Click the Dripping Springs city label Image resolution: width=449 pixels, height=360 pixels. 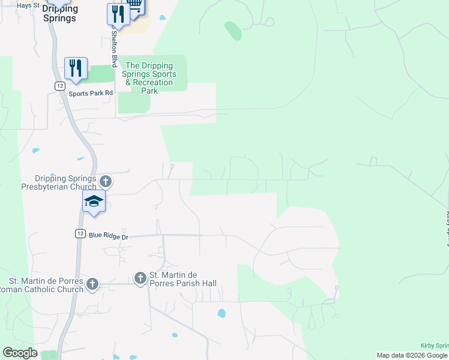60,13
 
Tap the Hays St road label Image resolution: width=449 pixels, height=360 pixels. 28,5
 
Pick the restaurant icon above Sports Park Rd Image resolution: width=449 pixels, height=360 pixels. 76,69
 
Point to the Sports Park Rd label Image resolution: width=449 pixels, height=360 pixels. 91,93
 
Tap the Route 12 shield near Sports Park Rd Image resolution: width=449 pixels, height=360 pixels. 59,86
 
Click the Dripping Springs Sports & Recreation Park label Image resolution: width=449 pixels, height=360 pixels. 149,78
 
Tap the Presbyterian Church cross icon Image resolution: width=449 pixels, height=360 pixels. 106,181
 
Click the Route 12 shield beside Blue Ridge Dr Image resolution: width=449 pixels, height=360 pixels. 80,233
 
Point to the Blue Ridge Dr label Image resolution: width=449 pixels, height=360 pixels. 109,236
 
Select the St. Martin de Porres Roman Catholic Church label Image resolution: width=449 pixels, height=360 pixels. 41,285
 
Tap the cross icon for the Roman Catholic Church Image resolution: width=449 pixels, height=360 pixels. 92,284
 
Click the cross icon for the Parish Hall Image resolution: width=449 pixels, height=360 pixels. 140,278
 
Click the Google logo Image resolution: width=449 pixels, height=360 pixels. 20,353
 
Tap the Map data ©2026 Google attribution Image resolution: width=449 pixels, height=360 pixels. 412,355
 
